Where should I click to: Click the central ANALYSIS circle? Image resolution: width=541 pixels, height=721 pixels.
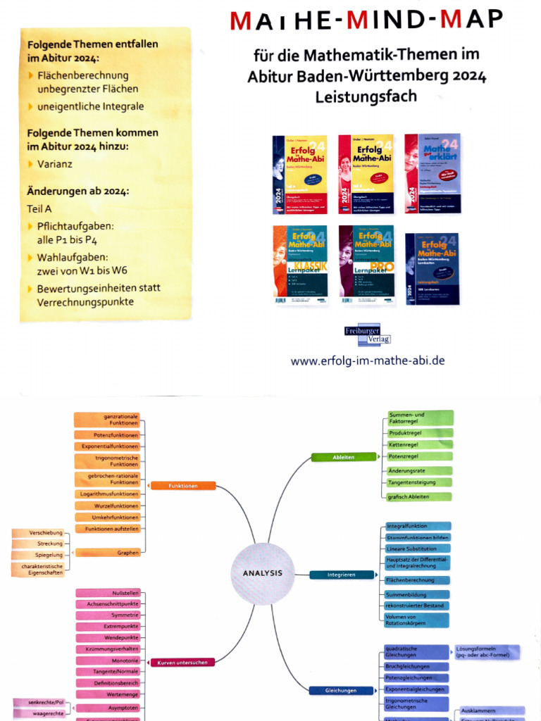[x=262, y=573]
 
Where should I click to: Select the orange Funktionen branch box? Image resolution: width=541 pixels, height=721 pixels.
[x=182, y=486]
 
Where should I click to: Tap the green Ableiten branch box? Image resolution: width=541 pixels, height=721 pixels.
[x=343, y=457]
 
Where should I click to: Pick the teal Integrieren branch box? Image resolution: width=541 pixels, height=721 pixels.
[x=341, y=575]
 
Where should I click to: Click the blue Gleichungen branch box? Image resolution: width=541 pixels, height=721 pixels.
[x=340, y=691]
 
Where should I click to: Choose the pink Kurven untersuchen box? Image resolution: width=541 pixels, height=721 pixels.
[x=182, y=663]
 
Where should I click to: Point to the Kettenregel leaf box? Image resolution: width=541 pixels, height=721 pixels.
[x=418, y=445]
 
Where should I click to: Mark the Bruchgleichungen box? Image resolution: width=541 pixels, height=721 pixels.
[x=416, y=666]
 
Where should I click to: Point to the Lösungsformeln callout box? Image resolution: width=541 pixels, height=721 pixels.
[x=487, y=652]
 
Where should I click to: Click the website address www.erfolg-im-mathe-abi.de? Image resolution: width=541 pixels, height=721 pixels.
[x=368, y=360]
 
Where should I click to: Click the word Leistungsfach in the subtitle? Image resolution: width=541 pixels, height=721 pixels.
[x=366, y=96]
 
